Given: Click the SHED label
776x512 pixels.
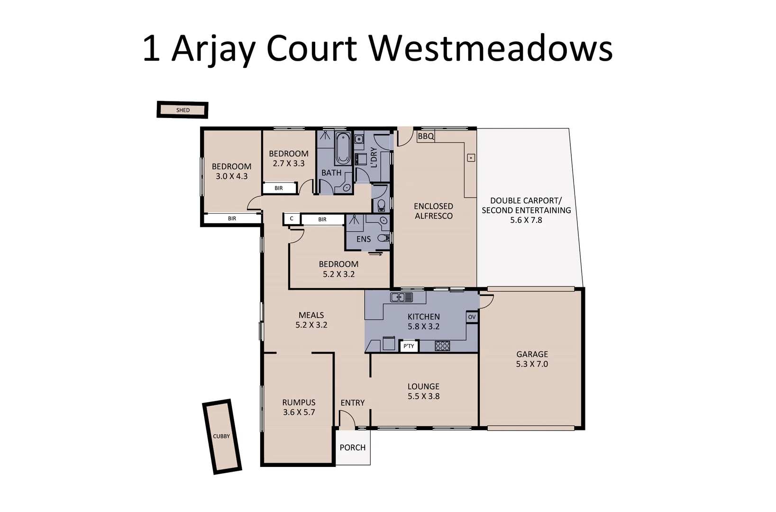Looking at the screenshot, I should pos(183,110).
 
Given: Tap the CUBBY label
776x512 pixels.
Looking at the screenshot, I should pos(221,436).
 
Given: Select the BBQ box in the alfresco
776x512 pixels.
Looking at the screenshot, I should pos(426,137).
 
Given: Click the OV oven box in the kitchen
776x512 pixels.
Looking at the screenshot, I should pos(472,317).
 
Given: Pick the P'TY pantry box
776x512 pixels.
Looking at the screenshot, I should pos(409,346).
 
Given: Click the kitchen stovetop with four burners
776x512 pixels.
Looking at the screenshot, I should pos(442,346).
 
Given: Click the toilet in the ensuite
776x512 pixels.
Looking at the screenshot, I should pos(383,238).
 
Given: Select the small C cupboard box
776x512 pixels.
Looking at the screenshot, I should pos(292,219).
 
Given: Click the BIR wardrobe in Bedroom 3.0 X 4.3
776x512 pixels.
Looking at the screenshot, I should pos(232,219).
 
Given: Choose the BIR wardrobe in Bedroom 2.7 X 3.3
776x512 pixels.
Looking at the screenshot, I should pos(279,188).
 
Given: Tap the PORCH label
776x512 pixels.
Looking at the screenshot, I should pos(353,448).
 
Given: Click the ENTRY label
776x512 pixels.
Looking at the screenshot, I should pos(353,402).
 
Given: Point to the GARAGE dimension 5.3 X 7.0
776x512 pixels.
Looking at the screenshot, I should pos(532,364).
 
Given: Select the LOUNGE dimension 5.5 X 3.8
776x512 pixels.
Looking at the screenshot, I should pos(423,396).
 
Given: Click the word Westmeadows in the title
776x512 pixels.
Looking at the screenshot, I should pos(491,48).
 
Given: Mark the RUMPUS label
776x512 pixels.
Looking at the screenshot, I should pos(299,402).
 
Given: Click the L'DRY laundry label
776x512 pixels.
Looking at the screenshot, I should pos(374,157).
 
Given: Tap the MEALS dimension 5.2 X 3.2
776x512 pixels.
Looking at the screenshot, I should pos(311,325).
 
